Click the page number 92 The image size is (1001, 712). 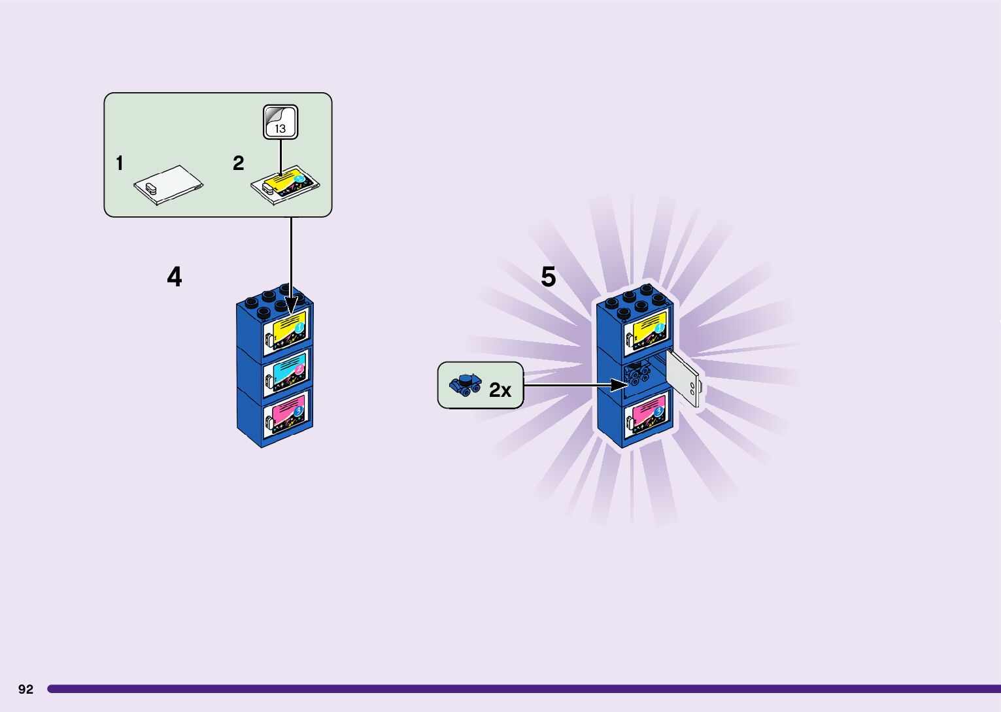[x=25, y=689]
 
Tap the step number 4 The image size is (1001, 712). [x=174, y=277]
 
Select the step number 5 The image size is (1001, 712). [x=548, y=277]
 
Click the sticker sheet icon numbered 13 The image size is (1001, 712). [x=280, y=122]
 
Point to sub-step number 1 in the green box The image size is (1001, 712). [x=119, y=163]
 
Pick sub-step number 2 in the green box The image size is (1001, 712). [x=238, y=163]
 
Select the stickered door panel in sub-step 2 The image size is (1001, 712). [x=286, y=184]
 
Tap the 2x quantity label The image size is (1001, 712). [x=500, y=390]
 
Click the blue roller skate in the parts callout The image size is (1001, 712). [x=465, y=384]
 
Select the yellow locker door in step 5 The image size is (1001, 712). [x=646, y=331]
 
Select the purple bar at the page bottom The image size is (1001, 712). [x=523, y=688]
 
